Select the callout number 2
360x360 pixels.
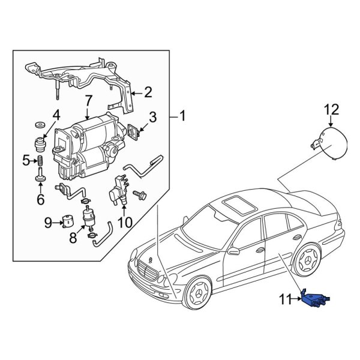coord(148,92)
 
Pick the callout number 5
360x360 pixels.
coord(26,160)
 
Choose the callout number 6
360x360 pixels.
coord(41,199)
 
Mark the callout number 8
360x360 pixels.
coord(73,238)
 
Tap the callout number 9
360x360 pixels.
coord(48,224)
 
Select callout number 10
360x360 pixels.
coord(124,222)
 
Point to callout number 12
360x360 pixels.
coord(331,109)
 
